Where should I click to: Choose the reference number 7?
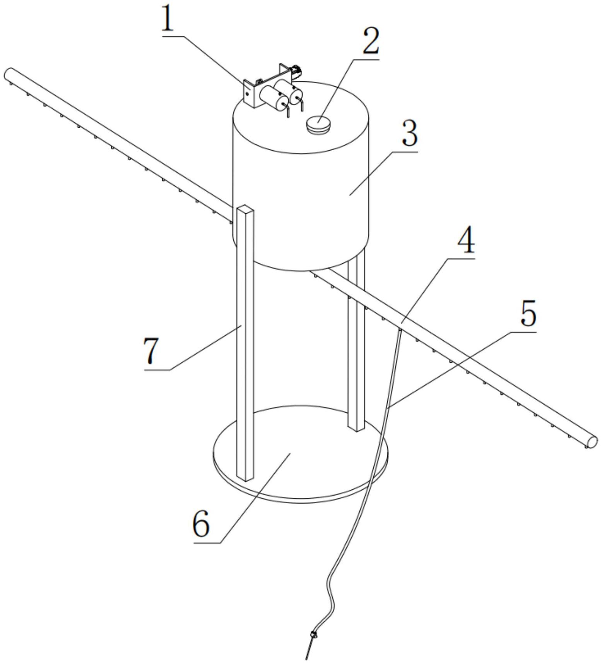pyautogui.click(x=152, y=350)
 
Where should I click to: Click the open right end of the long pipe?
pyautogui.click(x=592, y=441)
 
